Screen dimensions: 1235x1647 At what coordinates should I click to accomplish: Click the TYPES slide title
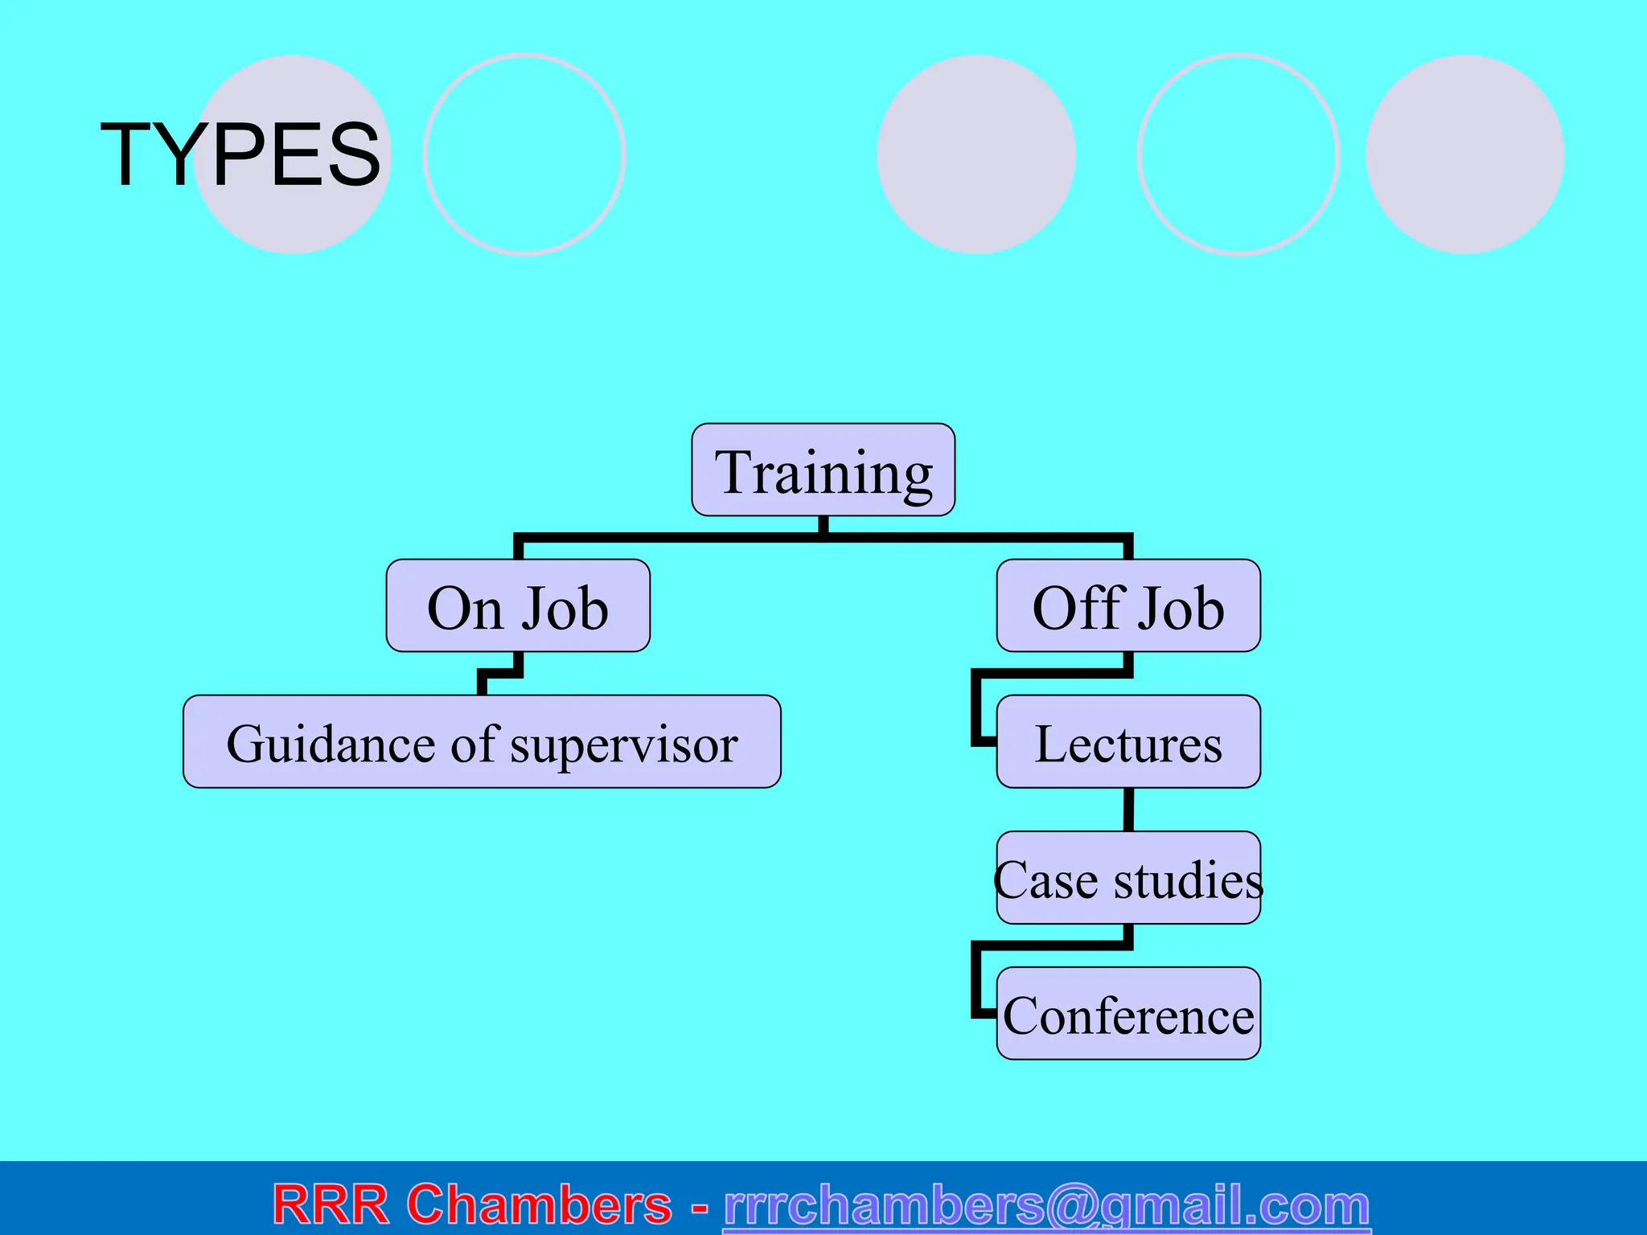tap(240, 154)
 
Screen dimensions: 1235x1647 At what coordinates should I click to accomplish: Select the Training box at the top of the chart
tap(823, 470)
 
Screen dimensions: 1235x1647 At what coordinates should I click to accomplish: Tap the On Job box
tap(518, 606)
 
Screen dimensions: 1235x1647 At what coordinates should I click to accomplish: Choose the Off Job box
tap(1127, 606)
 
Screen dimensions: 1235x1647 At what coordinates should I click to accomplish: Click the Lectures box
tap(1127, 742)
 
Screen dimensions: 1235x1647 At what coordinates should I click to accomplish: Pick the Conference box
tap(1127, 1014)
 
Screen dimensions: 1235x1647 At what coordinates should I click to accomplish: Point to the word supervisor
tap(624, 745)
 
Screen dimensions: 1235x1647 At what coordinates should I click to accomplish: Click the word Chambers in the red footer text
tap(539, 1204)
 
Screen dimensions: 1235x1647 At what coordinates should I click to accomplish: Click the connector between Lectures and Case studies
tap(1128, 809)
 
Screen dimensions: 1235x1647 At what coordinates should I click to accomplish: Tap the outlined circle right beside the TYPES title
tap(524, 154)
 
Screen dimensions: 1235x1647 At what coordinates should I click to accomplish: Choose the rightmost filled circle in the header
tap(1464, 154)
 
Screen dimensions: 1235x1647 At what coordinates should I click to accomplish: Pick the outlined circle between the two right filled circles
tap(1238, 154)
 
